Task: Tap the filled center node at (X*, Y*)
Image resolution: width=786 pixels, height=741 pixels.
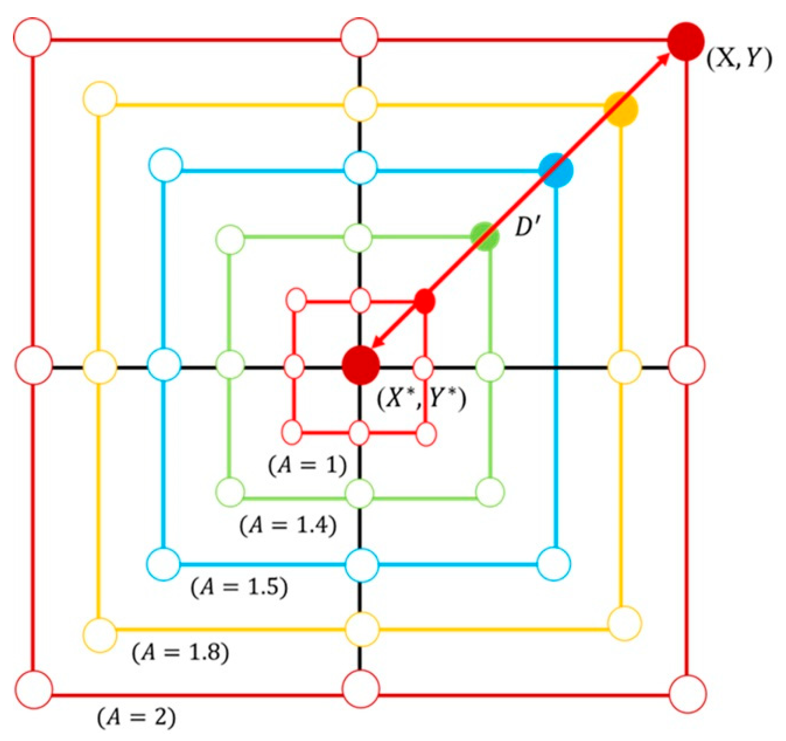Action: pyautogui.click(x=360, y=365)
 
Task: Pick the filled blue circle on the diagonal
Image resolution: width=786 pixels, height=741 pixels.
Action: pyautogui.click(x=556, y=170)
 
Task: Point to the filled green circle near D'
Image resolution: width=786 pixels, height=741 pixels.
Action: pyautogui.click(x=485, y=236)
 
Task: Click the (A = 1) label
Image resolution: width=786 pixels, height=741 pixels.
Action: pyautogui.click(x=308, y=466)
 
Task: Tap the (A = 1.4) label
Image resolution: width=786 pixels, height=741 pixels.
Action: pyautogui.click(x=288, y=526)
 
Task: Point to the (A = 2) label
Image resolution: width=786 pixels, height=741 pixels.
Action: pyautogui.click(x=136, y=717)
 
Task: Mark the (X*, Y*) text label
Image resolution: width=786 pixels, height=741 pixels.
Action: pyautogui.click(x=422, y=400)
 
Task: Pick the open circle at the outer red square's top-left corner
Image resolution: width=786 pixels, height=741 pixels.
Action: pyautogui.click(x=33, y=37)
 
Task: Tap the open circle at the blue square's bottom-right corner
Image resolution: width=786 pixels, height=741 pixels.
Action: pyautogui.click(x=554, y=564)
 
